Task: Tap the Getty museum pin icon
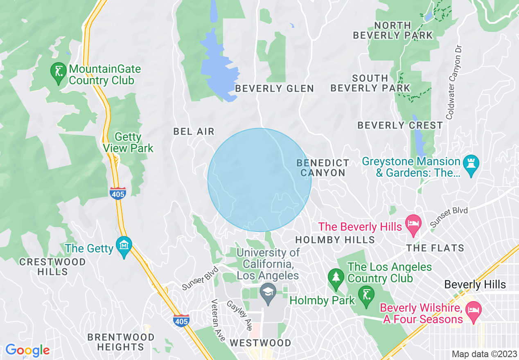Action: pos(124,246)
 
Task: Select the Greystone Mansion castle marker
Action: pos(471,165)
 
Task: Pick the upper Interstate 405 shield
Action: pos(117,193)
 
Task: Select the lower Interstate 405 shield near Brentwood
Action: pos(181,320)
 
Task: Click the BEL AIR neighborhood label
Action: pos(194,131)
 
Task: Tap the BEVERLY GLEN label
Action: pos(274,88)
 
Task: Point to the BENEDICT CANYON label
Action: pos(323,168)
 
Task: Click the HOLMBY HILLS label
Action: pos(335,240)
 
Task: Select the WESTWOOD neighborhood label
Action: pos(260,343)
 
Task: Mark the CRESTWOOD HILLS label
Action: pos(53,267)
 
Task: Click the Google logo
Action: pos(27,350)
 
